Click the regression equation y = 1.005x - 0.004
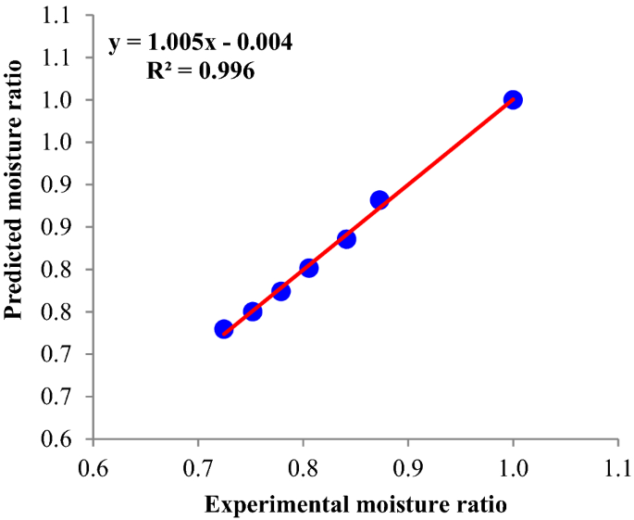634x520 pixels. pyautogui.click(x=201, y=44)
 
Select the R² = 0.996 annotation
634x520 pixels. pyautogui.click(x=201, y=70)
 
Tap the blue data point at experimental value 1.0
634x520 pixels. pyautogui.click(x=513, y=99)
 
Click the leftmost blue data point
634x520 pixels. pyautogui.click(x=223, y=329)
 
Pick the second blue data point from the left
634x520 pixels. pyautogui.click(x=253, y=311)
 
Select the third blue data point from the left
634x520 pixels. pyautogui.click(x=281, y=291)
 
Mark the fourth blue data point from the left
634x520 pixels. pyautogui.click(x=309, y=268)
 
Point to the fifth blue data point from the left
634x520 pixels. pyautogui.click(x=346, y=239)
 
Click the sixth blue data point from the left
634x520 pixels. pyautogui.click(x=379, y=200)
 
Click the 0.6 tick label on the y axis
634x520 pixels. pyautogui.click(x=65, y=438)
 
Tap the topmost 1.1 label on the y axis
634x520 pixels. pyautogui.click(x=65, y=15)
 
